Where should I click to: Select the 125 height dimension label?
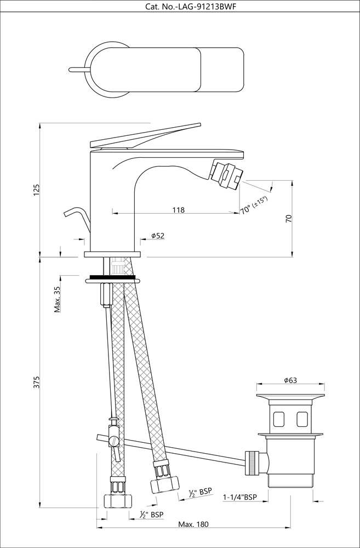click(37, 189)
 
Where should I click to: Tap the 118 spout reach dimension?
click(178, 209)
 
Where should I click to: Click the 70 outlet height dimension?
click(289, 218)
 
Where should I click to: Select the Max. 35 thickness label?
click(57, 299)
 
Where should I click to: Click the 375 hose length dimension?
click(37, 383)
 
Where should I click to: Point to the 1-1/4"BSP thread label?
click(240, 497)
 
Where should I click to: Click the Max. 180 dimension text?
click(193, 524)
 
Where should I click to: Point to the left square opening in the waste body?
click(278, 420)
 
